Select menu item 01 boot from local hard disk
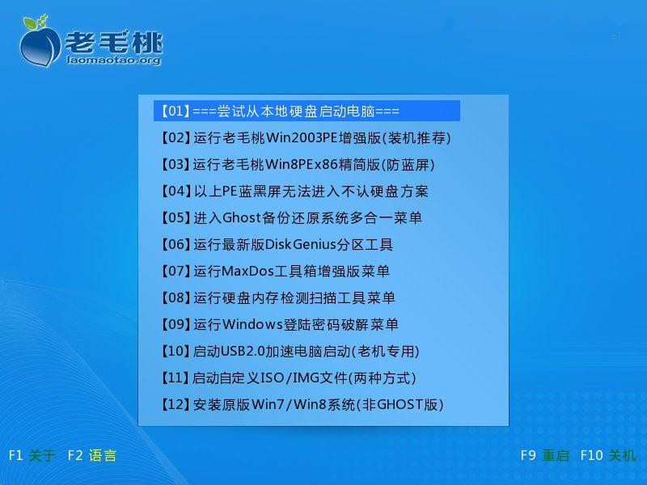click(x=280, y=111)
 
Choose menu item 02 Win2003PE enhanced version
click(x=306, y=137)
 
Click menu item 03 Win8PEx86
click(x=298, y=165)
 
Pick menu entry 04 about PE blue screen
click(x=294, y=191)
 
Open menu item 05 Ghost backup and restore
click(x=291, y=217)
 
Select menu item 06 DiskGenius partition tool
click(x=277, y=245)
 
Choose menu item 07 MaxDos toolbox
click(x=275, y=271)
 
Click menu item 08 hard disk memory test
click(x=277, y=297)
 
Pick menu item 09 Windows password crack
click(x=279, y=325)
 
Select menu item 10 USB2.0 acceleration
click(x=290, y=351)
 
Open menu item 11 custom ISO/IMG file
click(x=288, y=377)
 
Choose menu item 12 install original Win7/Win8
click(x=302, y=405)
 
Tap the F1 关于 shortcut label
click(x=32, y=455)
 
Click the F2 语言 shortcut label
click(x=91, y=455)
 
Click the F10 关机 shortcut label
click(x=608, y=455)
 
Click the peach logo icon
click(x=40, y=41)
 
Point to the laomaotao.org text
click(x=113, y=60)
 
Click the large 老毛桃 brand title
click(x=114, y=41)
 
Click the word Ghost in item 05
click(x=241, y=217)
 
